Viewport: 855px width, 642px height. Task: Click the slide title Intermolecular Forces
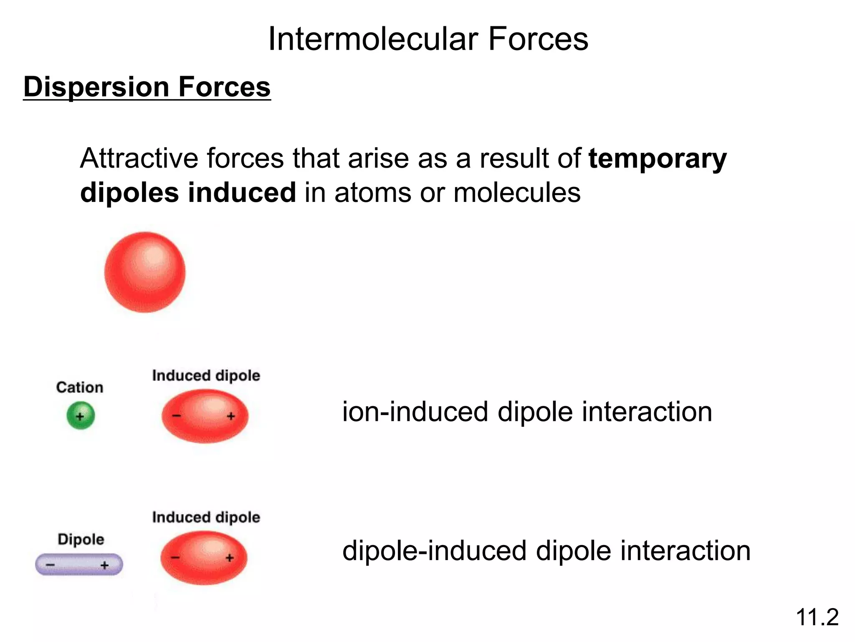coord(428,39)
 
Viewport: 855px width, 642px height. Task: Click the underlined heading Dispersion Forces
coord(147,87)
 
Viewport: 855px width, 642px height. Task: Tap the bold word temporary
coord(658,159)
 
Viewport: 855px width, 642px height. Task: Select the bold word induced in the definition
coord(242,193)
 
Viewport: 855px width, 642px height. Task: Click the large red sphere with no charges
coord(145,272)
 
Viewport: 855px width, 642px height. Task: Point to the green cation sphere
coord(81,415)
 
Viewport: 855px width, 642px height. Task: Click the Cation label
coord(80,387)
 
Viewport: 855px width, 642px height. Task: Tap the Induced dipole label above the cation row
coord(206,375)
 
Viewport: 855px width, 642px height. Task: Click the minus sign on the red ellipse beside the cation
coord(177,415)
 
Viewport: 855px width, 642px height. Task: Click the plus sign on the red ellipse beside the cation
coord(231,416)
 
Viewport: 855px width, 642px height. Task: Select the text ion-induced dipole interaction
coord(527,412)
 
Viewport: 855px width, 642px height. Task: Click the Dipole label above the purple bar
coord(81,539)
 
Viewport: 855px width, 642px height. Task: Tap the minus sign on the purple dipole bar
coord(50,565)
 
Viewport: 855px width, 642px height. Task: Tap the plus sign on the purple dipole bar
coord(104,566)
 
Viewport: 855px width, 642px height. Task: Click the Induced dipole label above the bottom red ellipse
coord(206,517)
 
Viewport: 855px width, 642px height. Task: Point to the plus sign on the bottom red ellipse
coord(230,558)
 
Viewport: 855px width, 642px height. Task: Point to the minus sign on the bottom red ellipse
coord(175,558)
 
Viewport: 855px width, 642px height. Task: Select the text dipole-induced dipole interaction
coord(546,550)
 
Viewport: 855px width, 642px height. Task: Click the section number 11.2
coord(817,617)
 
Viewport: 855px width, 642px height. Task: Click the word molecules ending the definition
coord(516,193)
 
